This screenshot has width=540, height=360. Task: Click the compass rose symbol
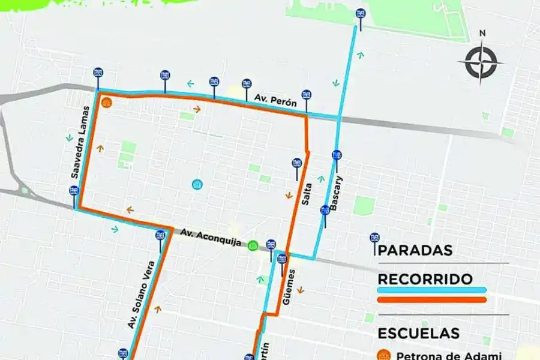[480, 61]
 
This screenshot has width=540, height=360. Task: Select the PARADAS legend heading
[415, 251]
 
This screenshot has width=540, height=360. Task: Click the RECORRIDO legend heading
[425, 279]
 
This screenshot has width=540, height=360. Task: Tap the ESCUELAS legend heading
[419, 333]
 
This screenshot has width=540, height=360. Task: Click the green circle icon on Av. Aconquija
[253, 245]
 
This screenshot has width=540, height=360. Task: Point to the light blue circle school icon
[197, 185]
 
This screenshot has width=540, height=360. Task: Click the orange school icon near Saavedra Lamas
[107, 103]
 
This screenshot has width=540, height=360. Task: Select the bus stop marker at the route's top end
[360, 14]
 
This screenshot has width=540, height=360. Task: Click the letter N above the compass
[482, 34]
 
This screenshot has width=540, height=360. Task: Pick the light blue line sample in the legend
[432, 290]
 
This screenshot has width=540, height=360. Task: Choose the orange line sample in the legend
[432, 299]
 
